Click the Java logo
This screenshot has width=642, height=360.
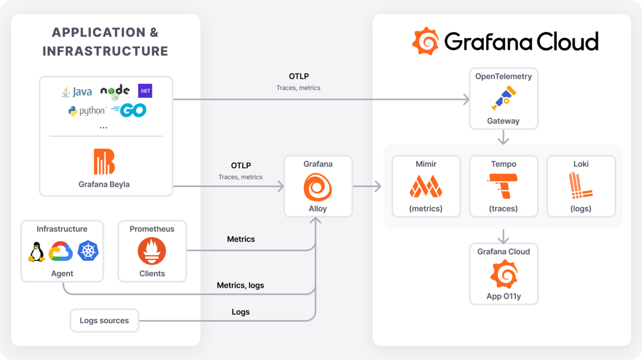tap(77, 92)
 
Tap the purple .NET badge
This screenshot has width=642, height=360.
tap(145, 91)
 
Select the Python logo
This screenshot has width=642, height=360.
tap(87, 111)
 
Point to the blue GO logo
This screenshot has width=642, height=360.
tap(129, 110)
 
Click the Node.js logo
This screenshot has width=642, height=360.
tap(115, 91)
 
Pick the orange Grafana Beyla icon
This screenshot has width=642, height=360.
tap(104, 161)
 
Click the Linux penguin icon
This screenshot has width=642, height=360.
tap(36, 252)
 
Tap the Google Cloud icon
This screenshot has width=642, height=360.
tap(61, 252)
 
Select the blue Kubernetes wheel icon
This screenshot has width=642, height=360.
tap(88, 251)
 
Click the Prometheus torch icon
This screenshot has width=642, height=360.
tap(152, 252)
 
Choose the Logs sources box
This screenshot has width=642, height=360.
tap(104, 320)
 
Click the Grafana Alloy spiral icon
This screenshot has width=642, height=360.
tap(318, 187)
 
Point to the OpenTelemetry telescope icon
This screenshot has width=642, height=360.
tap(504, 98)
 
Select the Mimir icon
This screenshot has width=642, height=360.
tap(426, 186)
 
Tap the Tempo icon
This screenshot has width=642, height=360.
tap(504, 186)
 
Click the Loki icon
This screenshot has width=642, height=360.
tap(581, 186)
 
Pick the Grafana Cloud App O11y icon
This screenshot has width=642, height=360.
tap(504, 274)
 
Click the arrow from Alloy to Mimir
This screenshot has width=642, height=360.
tap(367, 187)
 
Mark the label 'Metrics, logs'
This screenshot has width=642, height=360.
tap(240, 285)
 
